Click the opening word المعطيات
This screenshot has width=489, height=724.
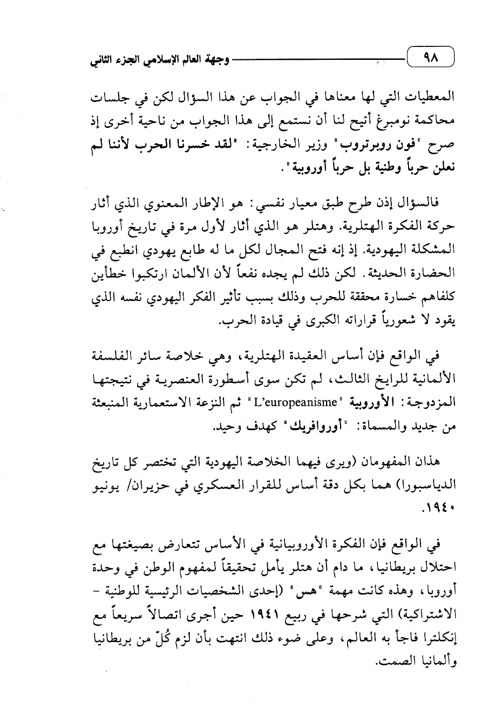pos(432,100)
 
